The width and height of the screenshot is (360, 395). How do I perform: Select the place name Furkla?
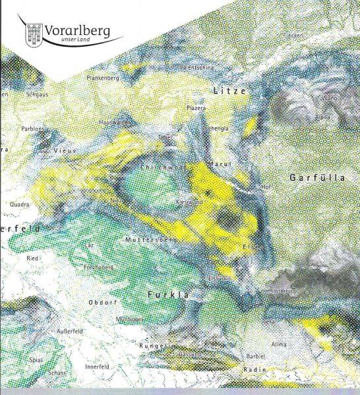click(168, 294)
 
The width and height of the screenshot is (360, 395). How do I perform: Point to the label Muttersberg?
click(149, 239)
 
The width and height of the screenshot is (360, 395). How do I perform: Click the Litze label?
click(229, 90)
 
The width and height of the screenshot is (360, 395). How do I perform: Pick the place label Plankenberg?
click(102, 77)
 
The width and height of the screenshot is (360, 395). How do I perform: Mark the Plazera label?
click(196, 107)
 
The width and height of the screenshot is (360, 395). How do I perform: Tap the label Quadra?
click(19, 204)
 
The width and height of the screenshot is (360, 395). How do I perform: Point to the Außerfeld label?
click(70, 330)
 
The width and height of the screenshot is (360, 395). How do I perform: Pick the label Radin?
click(255, 370)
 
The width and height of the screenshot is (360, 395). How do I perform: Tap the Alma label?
click(279, 344)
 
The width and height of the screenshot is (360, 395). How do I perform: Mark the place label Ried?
click(32, 259)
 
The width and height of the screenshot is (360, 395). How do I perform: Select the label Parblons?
click(32, 129)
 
